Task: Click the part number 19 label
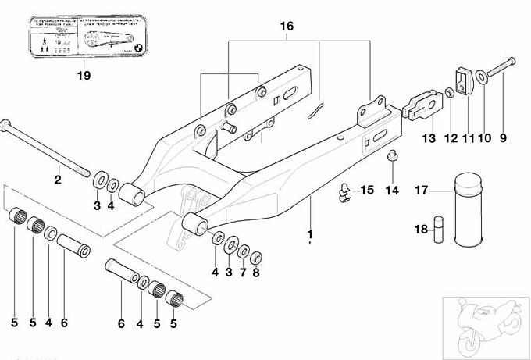tap(84, 76)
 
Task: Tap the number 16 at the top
tap(287, 27)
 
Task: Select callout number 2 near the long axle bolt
tap(57, 180)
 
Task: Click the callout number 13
tap(428, 138)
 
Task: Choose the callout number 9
tap(502, 138)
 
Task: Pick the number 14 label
tap(392, 191)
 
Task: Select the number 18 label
tap(420, 230)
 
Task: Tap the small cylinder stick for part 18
tap(439, 230)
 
